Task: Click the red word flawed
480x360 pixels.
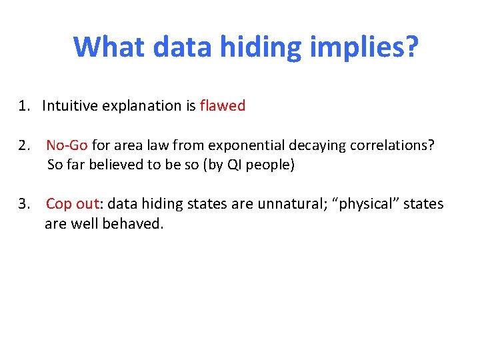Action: click(x=222, y=106)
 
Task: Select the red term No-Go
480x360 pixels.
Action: click(x=67, y=145)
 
